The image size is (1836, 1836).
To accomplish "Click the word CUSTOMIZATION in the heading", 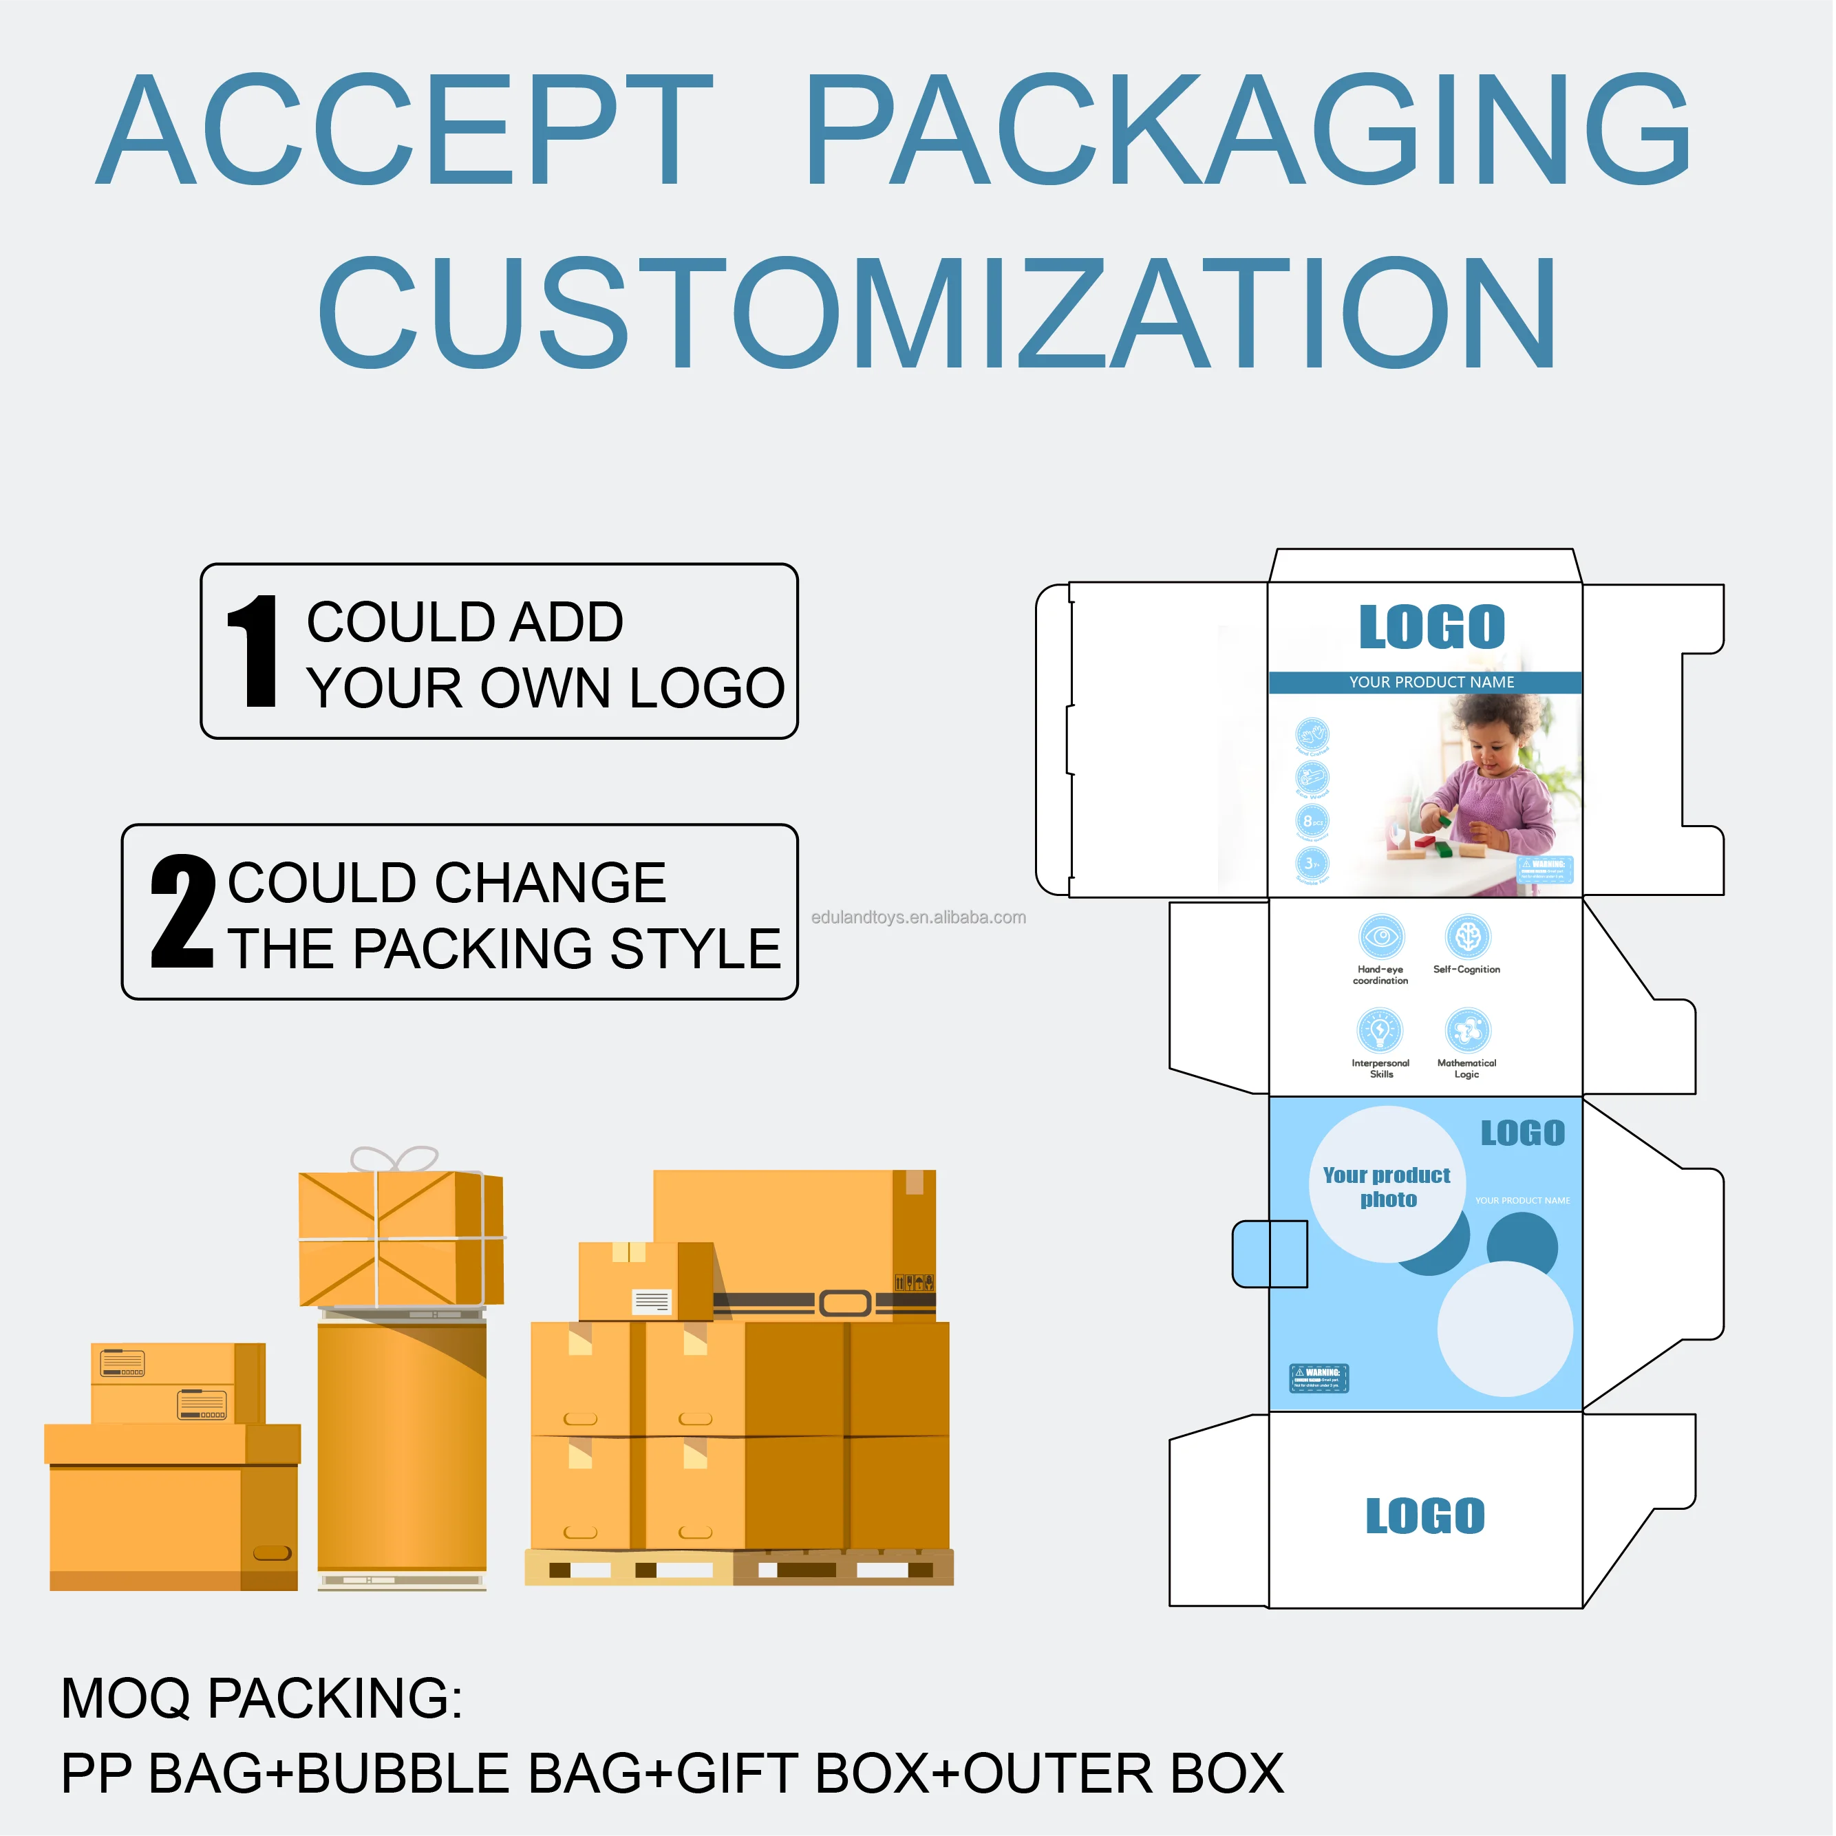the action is point(936,314).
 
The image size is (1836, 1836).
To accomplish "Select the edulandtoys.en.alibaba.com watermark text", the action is point(918,917).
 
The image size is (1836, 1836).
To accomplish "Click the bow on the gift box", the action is point(394,1160).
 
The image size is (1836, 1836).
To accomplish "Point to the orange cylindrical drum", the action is point(402,1444).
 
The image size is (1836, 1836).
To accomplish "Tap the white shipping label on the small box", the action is point(652,1301).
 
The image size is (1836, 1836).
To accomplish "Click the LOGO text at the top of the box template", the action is point(1431,628).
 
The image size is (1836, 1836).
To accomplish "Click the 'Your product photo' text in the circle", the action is point(1387,1187).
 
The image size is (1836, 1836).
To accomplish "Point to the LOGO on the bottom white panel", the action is point(1424,1517).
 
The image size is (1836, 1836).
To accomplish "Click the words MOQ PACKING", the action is point(261,1698).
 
